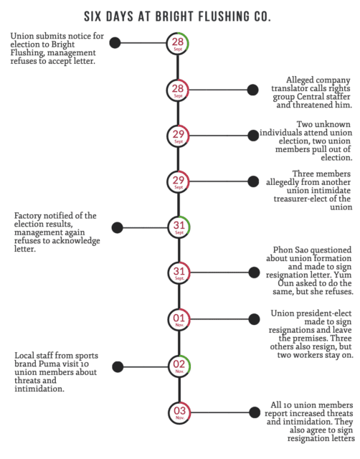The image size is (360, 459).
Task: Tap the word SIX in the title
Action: coord(93,16)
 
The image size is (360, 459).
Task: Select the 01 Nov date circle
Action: coord(179,319)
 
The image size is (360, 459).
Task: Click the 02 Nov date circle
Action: coord(179,366)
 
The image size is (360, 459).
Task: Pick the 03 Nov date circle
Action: coord(179,412)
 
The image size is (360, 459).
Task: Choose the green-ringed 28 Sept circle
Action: coord(178,43)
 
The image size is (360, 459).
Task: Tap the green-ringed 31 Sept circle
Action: coord(179,227)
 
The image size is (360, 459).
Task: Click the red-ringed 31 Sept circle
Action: coord(179,273)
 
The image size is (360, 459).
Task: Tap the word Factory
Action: coord(28,216)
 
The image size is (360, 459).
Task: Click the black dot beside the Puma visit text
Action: coord(118,366)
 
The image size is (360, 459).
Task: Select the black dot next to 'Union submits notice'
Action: coord(115,43)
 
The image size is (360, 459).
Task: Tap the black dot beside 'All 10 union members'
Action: coord(255,412)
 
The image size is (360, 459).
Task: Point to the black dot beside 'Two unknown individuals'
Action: coord(253,136)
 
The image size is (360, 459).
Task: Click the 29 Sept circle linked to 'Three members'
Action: coord(179,181)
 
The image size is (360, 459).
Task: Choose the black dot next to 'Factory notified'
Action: coord(118,228)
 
